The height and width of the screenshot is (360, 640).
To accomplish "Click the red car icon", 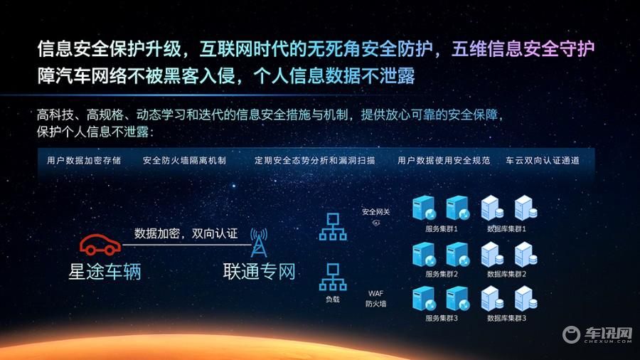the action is point(100,245).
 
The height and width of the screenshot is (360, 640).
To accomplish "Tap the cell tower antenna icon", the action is point(259,243).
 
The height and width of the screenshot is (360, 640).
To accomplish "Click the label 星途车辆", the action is point(105,272).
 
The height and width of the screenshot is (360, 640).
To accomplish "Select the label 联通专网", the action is point(259,271).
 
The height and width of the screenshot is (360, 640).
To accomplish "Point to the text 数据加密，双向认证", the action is point(186,233).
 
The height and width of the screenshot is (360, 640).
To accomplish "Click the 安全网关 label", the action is point(376,212).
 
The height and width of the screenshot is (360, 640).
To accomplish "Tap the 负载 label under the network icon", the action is point(333,300).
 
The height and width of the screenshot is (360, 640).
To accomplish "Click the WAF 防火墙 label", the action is point(376,298).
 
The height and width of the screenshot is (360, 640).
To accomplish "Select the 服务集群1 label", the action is point(441,229).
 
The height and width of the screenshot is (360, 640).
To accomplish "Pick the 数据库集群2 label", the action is point(506,274).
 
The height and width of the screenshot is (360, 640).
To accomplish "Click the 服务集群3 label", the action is point(441,318).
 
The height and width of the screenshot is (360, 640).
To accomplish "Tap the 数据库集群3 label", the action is point(506,318).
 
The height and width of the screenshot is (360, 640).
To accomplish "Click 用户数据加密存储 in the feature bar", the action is point(84,160).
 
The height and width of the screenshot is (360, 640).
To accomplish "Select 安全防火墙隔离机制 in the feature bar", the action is point(184,160).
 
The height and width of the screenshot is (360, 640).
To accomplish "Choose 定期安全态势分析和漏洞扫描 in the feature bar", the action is point(315,160).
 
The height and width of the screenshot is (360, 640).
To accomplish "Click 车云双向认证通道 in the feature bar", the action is point(543,160).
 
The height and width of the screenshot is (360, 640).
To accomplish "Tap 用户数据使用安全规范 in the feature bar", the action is point(444,160).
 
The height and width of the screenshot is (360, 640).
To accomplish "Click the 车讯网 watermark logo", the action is point(597,334).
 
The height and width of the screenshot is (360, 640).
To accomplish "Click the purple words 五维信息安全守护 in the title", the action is point(523,49).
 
